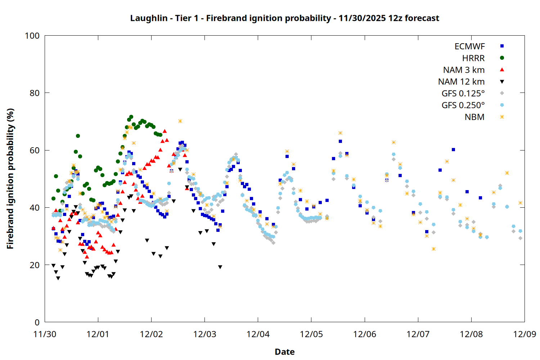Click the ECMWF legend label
click(469, 46)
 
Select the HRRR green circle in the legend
click(502, 58)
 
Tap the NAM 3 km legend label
click(464, 70)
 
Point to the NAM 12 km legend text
click(461, 82)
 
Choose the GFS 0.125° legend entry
click(463, 94)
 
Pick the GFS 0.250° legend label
click(463, 105)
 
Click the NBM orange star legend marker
click(502, 117)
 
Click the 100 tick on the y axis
click(32, 36)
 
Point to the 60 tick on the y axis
click(35, 150)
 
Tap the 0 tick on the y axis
click(37, 322)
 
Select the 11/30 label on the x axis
click(45, 334)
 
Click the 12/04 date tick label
click(258, 334)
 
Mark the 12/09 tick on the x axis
click(525, 334)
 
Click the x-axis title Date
click(284, 352)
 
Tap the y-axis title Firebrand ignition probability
click(10, 179)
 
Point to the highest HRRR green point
click(131, 117)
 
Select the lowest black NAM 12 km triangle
click(58, 278)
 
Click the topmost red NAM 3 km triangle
click(165, 131)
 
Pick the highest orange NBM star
click(180, 121)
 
